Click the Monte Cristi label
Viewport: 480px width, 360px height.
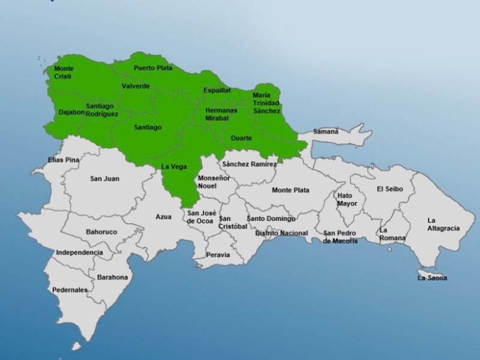pos(64,73)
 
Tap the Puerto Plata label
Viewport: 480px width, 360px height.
pos(153,68)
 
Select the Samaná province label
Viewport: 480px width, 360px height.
pos(326,131)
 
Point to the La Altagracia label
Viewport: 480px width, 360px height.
pos(443,224)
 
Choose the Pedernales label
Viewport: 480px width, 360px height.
pos(70,290)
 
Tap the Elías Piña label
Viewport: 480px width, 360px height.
pos(64,160)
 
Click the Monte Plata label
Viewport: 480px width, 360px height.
pos(290,190)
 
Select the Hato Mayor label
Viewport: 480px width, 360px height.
pos(347,199)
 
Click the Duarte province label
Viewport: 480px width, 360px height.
pos(241,139)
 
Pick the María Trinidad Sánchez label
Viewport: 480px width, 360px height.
pos(266,103)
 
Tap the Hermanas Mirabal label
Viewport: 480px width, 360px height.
pos(221,114)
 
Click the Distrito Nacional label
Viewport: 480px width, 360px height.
pos(281,233)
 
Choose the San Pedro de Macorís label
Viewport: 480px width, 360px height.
pos(340,236)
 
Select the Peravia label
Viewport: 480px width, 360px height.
pos(218,254)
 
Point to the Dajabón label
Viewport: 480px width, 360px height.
pos(71,112)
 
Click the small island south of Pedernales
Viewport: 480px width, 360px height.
pos(76,346)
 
